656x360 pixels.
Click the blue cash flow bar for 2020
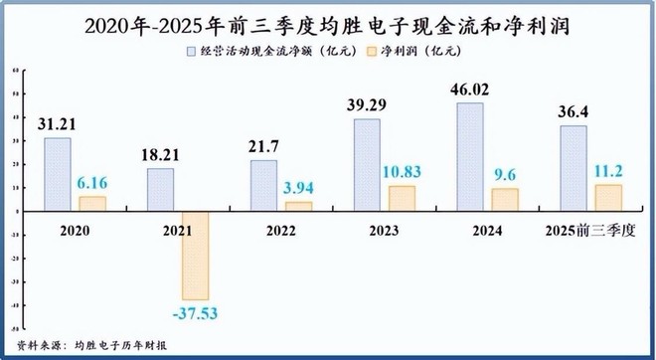[x=58, y=174]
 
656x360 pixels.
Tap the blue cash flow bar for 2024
[x=470, y=156]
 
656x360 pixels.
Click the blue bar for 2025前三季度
[x=574, y=168]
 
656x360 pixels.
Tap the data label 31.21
[x=59, y=124]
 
